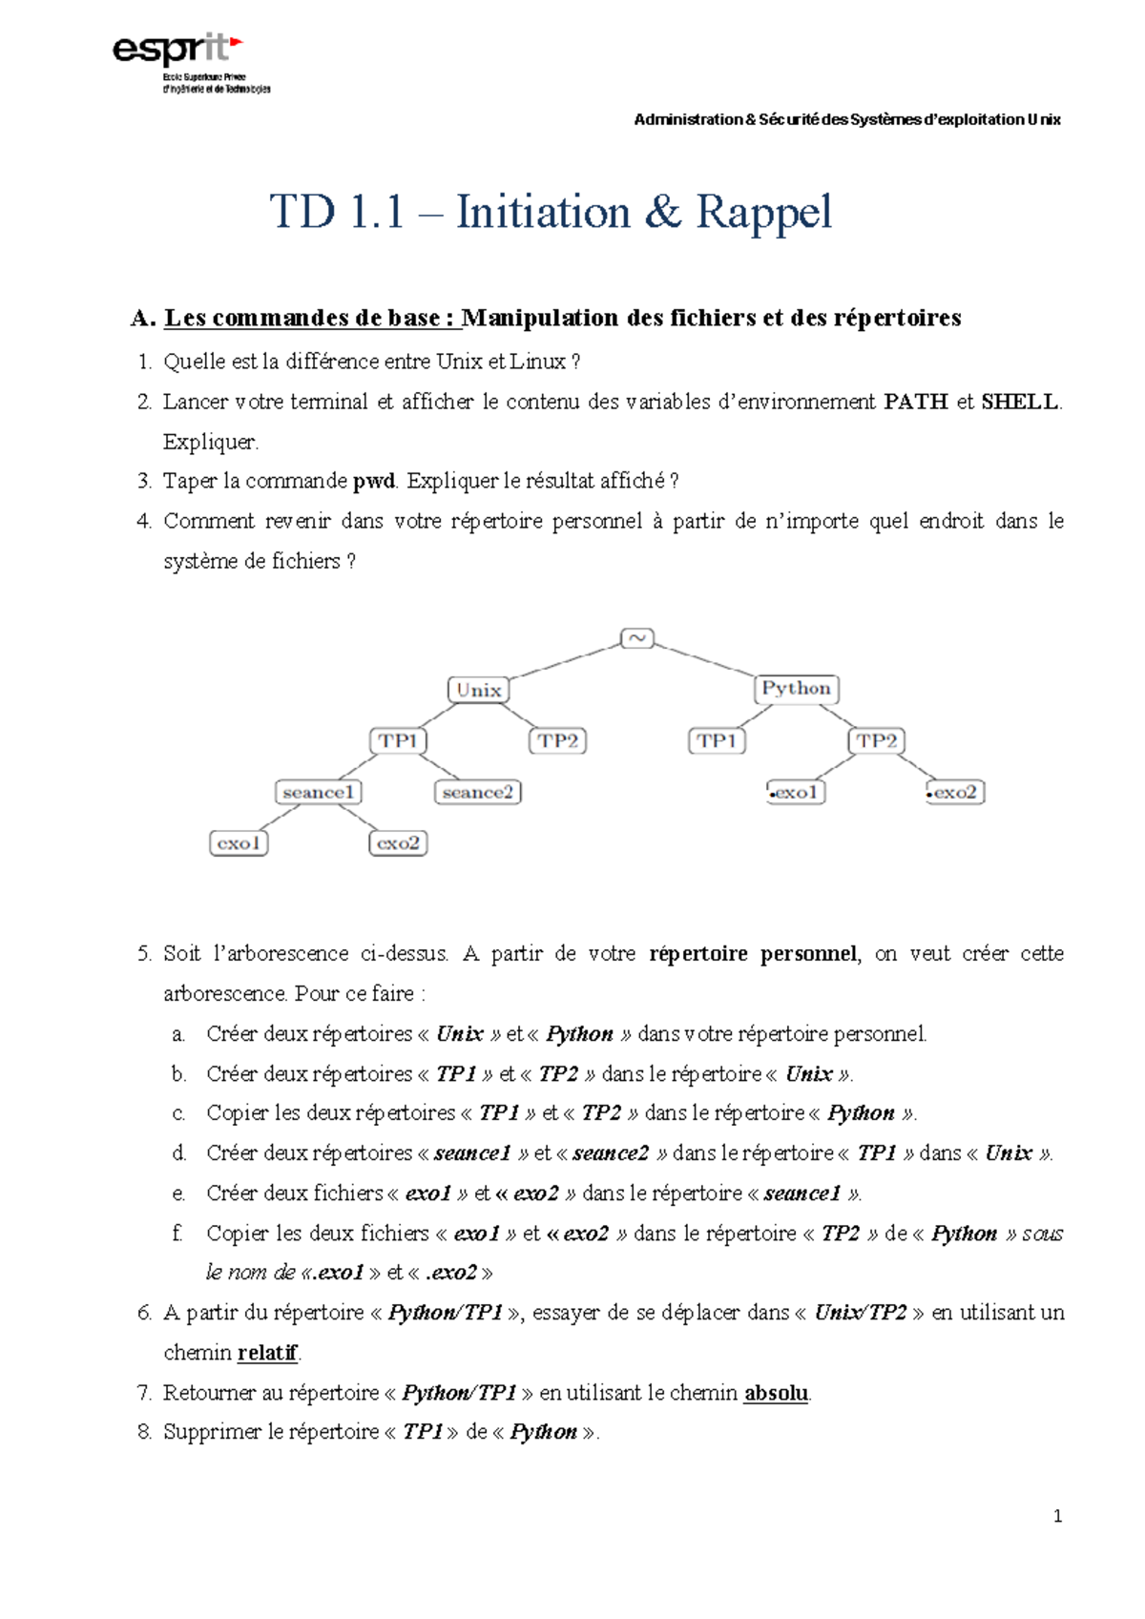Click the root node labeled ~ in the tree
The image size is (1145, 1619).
coord(636,638)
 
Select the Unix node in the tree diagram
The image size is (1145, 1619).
coord(478,690)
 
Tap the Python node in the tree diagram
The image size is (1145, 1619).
coord(796,688)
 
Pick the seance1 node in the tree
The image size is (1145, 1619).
coord(319,792)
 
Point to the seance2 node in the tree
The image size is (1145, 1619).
coord(477,792)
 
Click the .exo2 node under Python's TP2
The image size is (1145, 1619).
coord(954,792)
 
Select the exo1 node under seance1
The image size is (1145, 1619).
coord(239,843)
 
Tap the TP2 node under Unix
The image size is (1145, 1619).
coord(557,741)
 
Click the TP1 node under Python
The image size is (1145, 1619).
coord(717,741)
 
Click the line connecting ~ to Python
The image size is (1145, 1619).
coord(706,659)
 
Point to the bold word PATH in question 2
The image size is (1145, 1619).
coord(915,402)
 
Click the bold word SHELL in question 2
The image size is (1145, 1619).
coord(1019,402)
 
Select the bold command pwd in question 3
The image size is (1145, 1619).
coord(373,481)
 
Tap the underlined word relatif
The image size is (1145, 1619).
coord(267,1353)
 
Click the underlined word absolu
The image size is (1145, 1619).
coord(776,1393)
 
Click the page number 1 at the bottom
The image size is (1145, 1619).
coord(1056,1516)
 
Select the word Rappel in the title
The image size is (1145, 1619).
coord(763,212)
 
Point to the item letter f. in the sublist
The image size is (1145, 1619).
coord(177,1234)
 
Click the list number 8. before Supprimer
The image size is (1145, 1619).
coord(144,1432)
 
